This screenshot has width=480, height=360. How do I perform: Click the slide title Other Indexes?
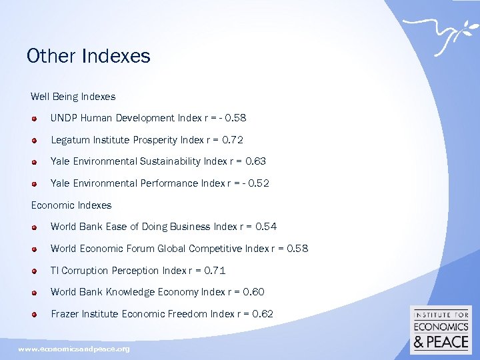(89, 56)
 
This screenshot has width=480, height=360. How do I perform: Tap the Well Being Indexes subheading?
(73, 97)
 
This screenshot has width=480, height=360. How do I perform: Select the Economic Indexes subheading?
(71, 205)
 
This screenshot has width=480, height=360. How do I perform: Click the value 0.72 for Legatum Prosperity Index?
(234, 140)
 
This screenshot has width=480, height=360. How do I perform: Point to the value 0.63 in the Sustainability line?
(256, 161)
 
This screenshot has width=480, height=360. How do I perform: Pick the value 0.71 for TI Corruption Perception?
(215, 271)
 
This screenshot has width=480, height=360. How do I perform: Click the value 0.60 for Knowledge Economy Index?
(254, 292)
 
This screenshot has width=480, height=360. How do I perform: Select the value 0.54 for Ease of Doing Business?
(266, 227)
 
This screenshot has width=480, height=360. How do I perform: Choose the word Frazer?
(65, 314)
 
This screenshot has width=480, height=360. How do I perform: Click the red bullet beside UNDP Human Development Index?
(34, 118)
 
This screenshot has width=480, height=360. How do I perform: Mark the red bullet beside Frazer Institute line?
(34, 314)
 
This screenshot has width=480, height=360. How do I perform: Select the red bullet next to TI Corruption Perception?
(34, 271)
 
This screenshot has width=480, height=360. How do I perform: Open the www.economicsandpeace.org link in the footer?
(74, 349)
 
